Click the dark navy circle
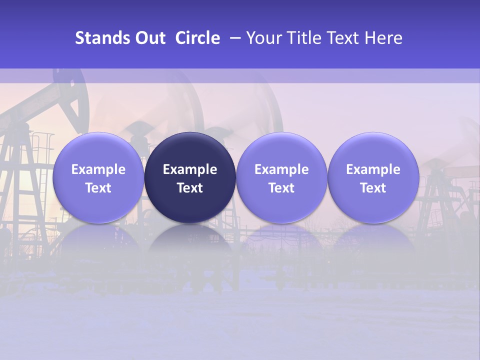(x=190, y=177)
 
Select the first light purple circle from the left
(x=98, y=177)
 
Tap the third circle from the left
(x=281, y=177)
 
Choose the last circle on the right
(x=373, y=177)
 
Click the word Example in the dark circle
(x=190, y=169)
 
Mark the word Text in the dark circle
(x=190, y=188)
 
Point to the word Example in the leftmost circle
(x=98, y=169)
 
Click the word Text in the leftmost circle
(x=98, y=188)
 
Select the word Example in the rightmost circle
(x=373, y=169)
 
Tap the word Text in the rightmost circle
(x=373, y=188)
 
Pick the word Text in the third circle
(x=281, y=188)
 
